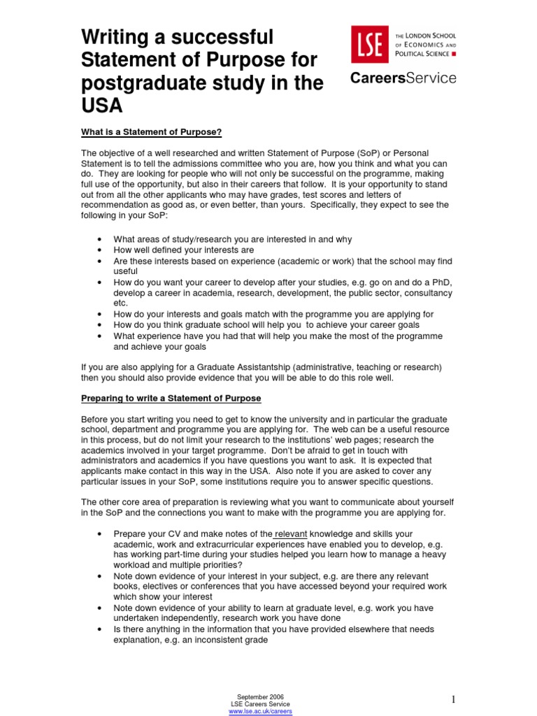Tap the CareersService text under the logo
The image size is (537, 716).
coord(403,78)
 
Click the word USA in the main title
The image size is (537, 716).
coord(102,106)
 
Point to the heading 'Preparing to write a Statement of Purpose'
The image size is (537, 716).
coord(171,399)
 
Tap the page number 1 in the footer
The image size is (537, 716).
coord(453,699)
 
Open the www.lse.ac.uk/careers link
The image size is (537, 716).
coord(261,711)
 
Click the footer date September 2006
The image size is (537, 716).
coord(261,697)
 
